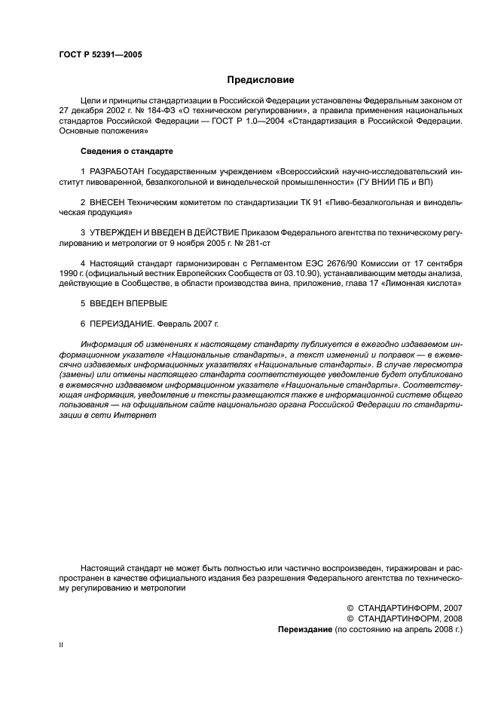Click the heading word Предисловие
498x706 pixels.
coord(260,79)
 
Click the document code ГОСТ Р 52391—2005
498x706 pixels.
coord(100,55)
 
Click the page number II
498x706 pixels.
coord(60,647)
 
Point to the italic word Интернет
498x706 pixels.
coord(136,414)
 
